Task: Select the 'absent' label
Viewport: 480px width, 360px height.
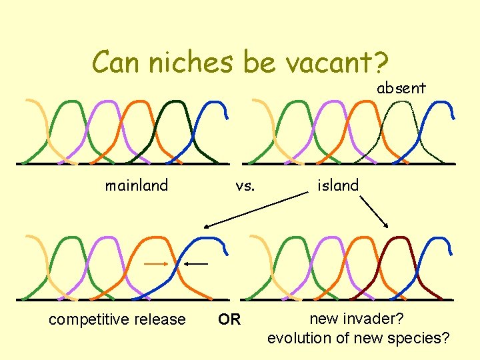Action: click(401, 88)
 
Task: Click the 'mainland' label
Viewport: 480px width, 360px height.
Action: click(137, 185)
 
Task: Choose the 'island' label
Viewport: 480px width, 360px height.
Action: click(338, 185)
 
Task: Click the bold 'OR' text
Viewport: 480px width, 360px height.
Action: click(229, 319)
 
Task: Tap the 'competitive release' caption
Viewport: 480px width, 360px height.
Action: click(117, 319)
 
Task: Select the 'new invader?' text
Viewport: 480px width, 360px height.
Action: click(357, 319)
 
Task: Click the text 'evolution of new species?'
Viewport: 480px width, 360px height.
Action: click(358, 338)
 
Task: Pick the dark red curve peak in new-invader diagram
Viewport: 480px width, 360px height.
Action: click(399, 238)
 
